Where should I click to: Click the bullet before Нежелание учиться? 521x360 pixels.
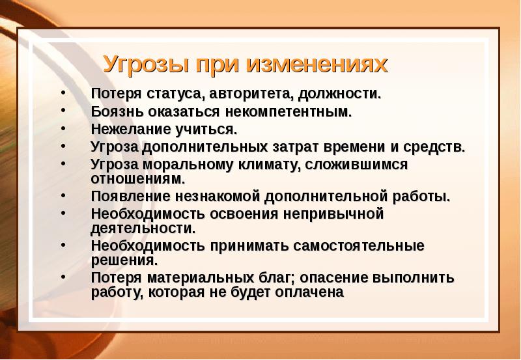[62, 128]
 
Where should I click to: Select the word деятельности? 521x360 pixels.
[143, 228]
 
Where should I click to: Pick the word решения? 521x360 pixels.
[124, 260]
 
